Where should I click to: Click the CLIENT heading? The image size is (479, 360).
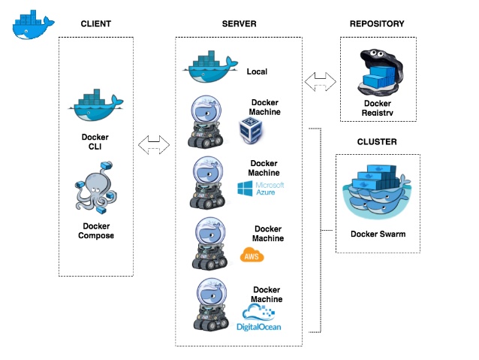coord(96,24)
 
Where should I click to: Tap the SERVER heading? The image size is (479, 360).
coord(239,24)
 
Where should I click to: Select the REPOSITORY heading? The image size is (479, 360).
coord(377,24)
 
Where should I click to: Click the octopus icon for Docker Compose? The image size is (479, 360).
coord(95,184)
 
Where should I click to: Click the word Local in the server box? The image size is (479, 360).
coord(257,72)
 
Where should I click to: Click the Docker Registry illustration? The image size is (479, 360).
coord(378,72)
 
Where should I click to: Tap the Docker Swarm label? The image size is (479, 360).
coord(378,234)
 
